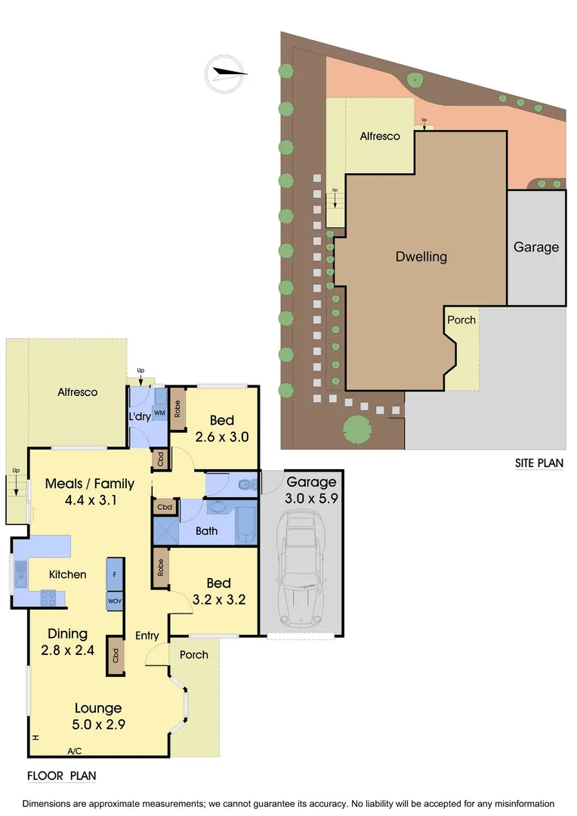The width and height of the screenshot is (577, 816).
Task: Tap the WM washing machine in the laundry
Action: click(x=160, y=413)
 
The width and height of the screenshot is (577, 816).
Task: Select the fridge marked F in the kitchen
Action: click(x=115, y=574)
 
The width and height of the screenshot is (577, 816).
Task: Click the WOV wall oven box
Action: click(x=115, y=601)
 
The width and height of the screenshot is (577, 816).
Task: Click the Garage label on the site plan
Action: click(x=536, y=247)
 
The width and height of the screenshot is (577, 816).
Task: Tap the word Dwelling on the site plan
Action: click(x=421, y=257)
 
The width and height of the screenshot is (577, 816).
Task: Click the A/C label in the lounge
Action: click(x=75, y=751)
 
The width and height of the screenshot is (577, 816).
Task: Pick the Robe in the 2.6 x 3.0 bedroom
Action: click(x=177, y=409)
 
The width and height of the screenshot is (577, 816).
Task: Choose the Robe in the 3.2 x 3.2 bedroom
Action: click(x=160, y=567)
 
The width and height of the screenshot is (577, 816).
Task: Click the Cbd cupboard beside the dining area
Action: click(x=116, y=655)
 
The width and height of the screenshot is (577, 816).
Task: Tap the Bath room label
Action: click(x=206, y=531)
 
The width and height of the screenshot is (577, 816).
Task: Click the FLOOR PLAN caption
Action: click(x=61, y=776)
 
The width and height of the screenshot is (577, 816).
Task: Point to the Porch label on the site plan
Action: click(x=461, y=320)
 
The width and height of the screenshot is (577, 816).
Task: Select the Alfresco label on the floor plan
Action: click(x=78, y=392)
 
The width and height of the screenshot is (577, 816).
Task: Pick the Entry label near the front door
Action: click(x=147, y=636)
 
